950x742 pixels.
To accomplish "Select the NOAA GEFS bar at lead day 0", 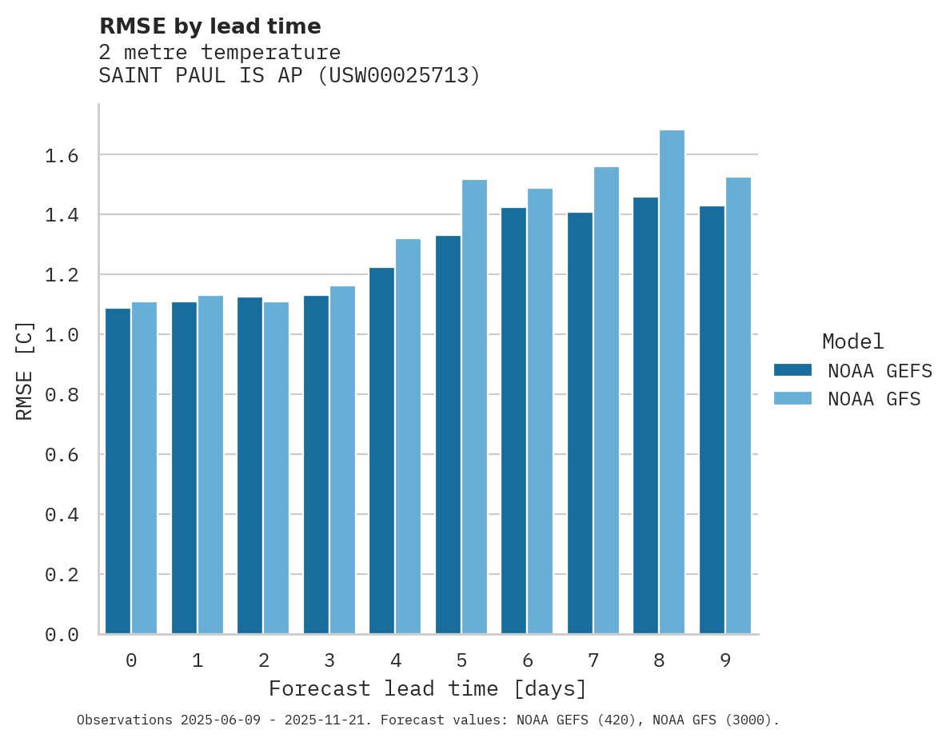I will point(118,471).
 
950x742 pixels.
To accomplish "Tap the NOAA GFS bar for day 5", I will point(474,407).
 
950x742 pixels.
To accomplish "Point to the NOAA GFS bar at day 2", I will point(276,468).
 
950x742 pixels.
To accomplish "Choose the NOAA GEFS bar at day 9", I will point(712,420).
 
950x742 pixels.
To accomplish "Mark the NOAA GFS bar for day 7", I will point(606,400).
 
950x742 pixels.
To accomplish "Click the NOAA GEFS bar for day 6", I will point(513,421).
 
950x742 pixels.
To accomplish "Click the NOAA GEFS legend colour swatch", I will point(792,370).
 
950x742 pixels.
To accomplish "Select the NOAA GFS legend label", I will point(874,399).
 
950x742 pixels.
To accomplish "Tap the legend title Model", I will point(852,341).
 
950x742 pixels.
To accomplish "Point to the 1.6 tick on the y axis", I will point(62,155).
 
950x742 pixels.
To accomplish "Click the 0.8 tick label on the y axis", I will point(62,395).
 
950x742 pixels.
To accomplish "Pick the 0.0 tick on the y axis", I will point(62,635).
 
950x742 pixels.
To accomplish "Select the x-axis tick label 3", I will point(329,660).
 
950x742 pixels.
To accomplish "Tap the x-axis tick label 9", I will point(725,660).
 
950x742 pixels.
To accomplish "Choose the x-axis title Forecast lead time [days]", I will point(428,688).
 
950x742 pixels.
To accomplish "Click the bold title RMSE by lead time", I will point(210,26).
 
